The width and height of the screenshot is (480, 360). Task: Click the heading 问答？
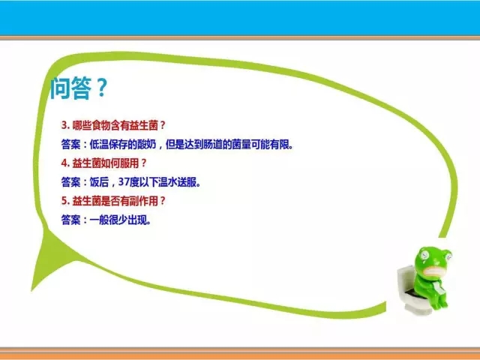78,88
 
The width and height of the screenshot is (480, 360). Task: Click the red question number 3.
65,125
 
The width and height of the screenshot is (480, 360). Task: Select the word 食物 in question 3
101,125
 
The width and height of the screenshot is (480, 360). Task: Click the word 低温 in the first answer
99,144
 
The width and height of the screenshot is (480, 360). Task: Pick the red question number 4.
65,163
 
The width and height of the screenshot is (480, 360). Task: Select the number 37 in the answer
124,181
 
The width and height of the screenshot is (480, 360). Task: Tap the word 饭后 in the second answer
99,182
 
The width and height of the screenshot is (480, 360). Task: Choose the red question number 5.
65,201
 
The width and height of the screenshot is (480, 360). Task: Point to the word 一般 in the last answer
99,220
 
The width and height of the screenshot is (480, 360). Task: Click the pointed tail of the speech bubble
33,289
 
